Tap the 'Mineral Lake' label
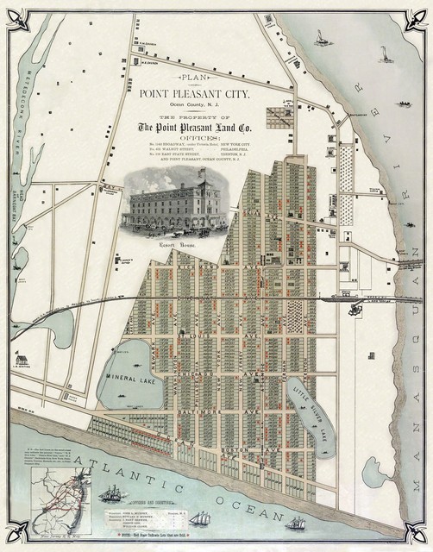click(129, 377)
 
